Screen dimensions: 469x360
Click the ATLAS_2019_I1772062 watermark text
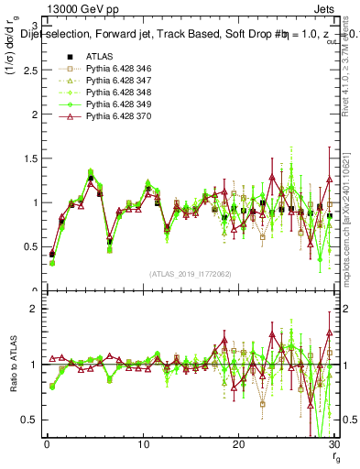click(190, 273)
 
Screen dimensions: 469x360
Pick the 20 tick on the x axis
click(238, 444)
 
